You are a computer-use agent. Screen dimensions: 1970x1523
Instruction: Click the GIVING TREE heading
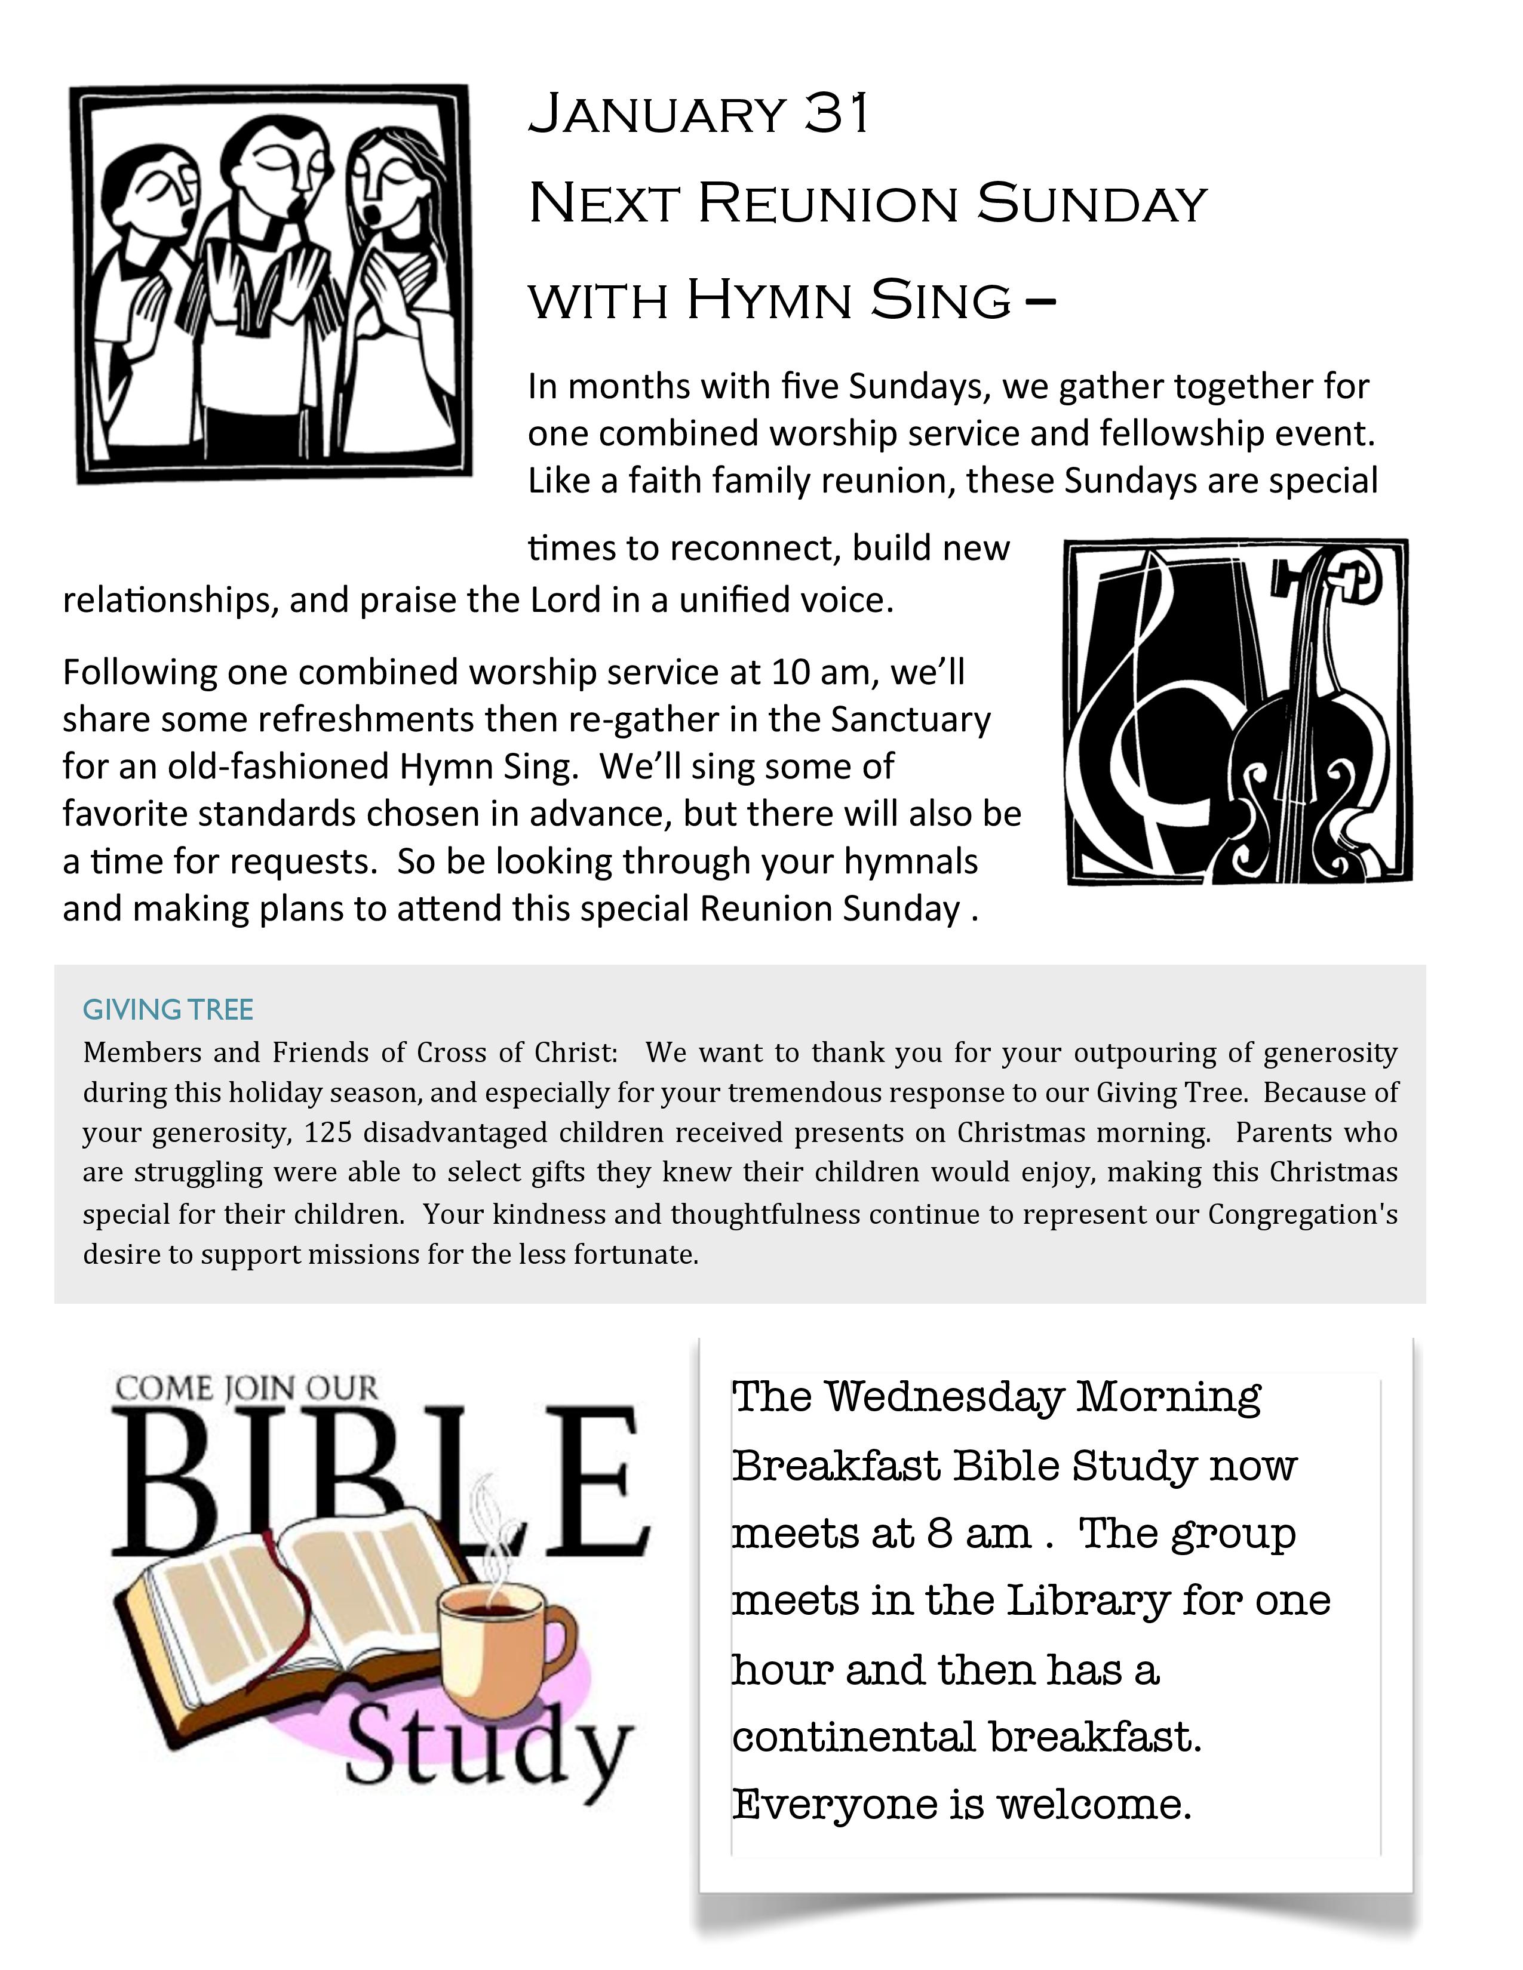pos(168,1009)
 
